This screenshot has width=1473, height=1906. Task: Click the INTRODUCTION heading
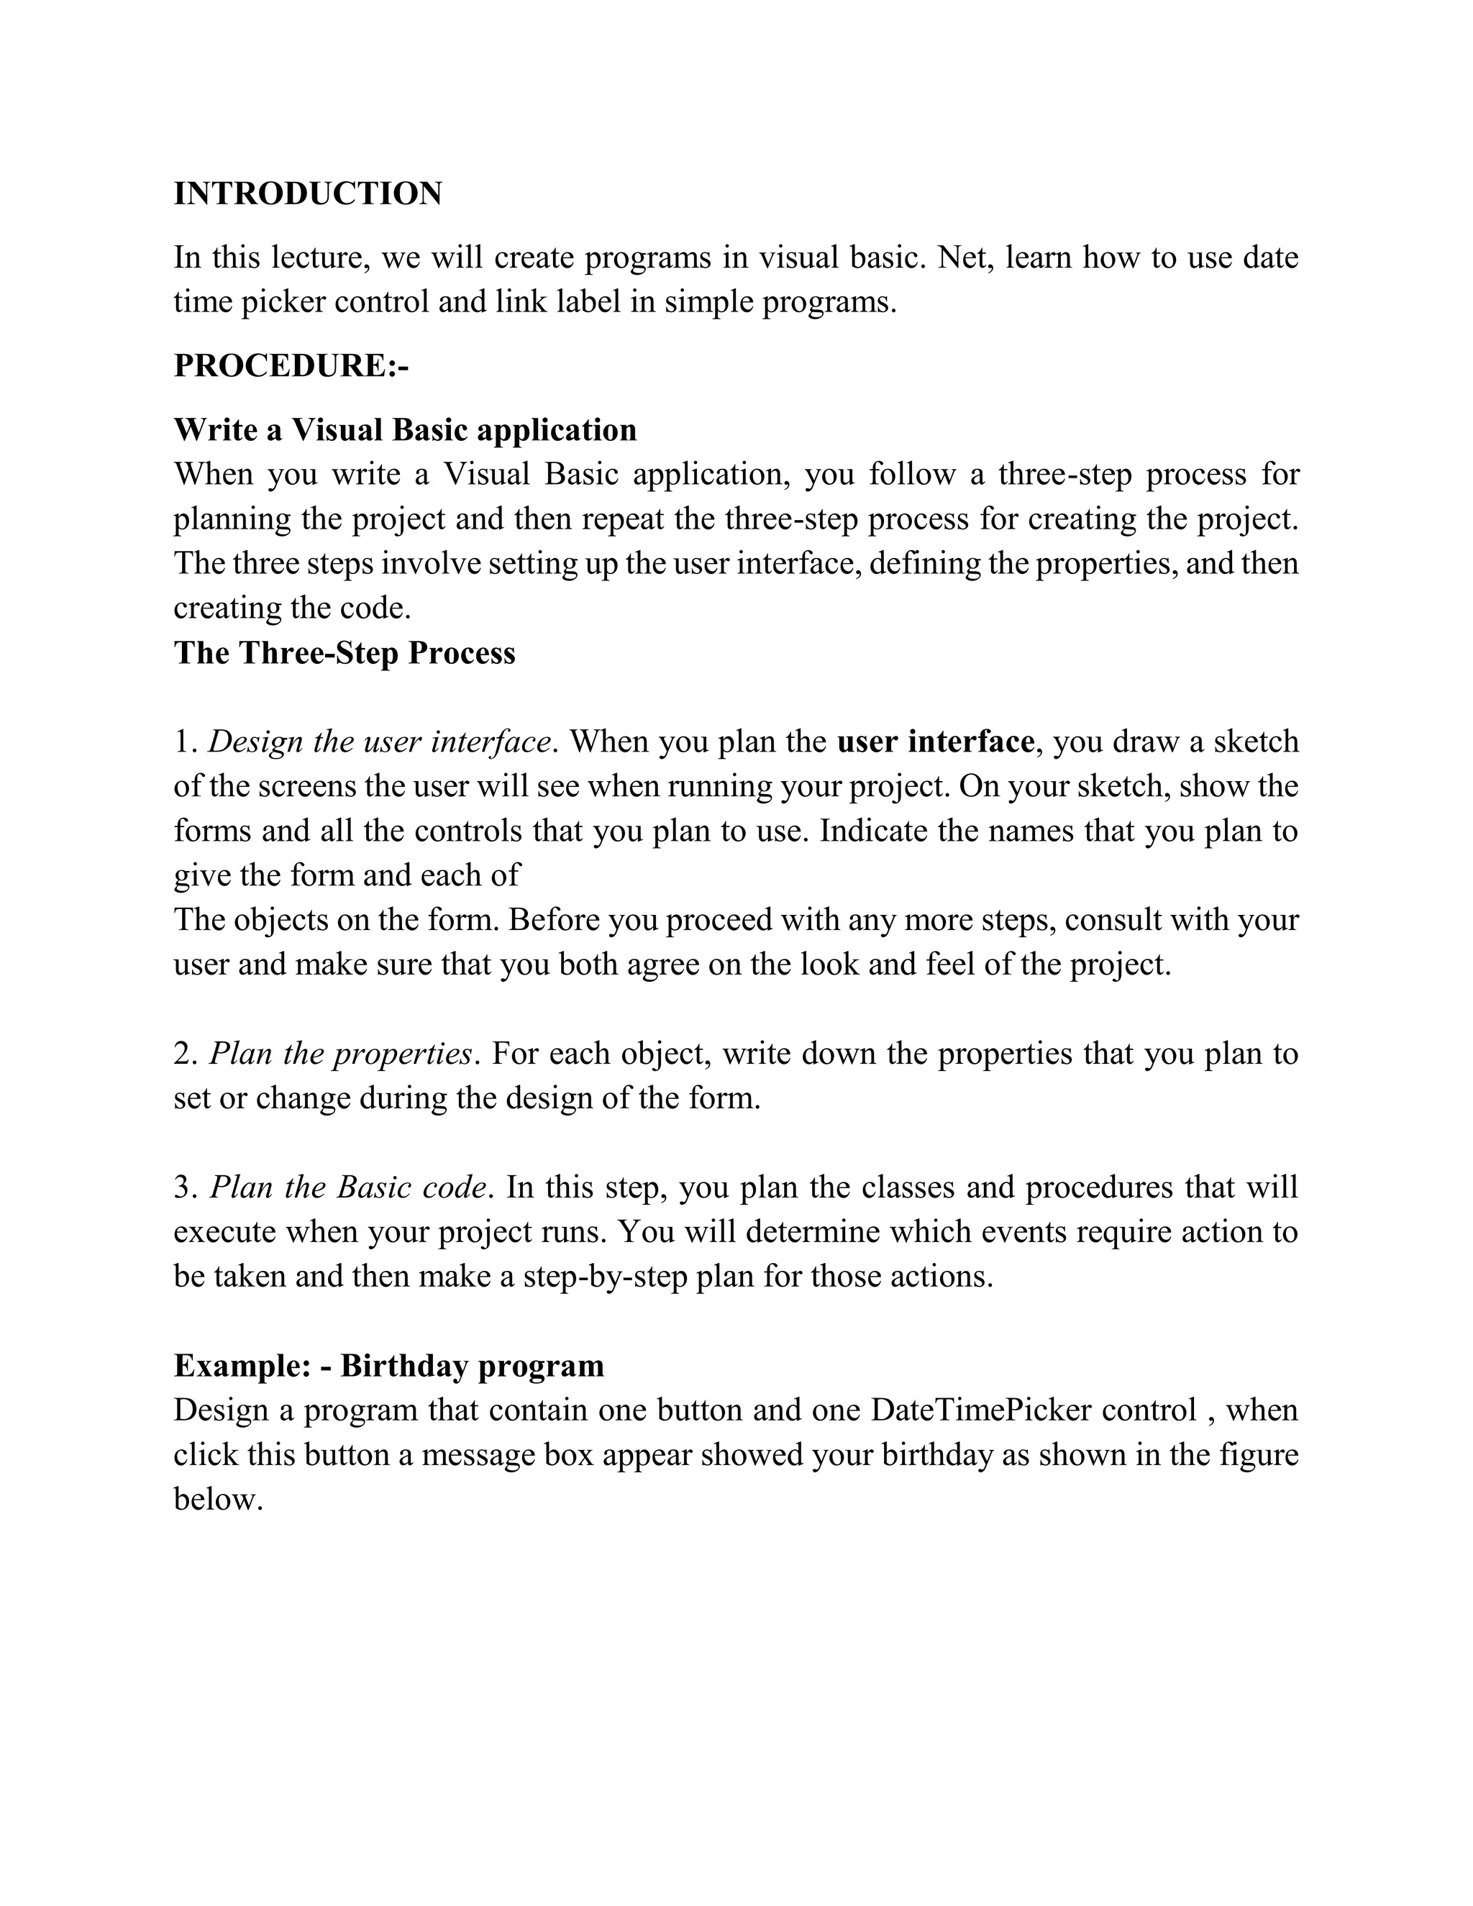(307, 193)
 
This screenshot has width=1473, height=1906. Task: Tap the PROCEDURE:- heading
(291, 365)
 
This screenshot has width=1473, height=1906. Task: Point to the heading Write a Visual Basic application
(405, 429)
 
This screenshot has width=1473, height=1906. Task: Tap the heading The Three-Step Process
(344, 653)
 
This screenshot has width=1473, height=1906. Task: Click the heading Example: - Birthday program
(388, 1366)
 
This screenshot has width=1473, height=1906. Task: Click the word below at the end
(218, 1500)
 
